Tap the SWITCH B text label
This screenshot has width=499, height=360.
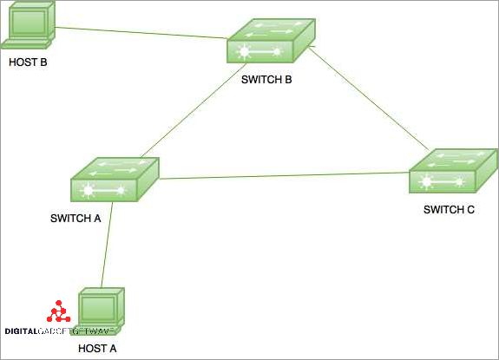pyautogui.click(x=266, y=80)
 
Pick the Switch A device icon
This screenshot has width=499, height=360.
pyautogui.click(x=115, y=180)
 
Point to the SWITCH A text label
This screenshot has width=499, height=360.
pyautogui.click(x=76, y=218)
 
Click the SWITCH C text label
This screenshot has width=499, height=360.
pyautogui.click(x=449, y=210)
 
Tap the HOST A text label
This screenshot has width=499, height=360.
pyautogui.click(x=98, y=349)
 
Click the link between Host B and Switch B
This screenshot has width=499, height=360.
pyautogui.click(x=139, y=31)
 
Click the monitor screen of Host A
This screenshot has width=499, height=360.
pyautogui.click(x=99, y=307)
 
